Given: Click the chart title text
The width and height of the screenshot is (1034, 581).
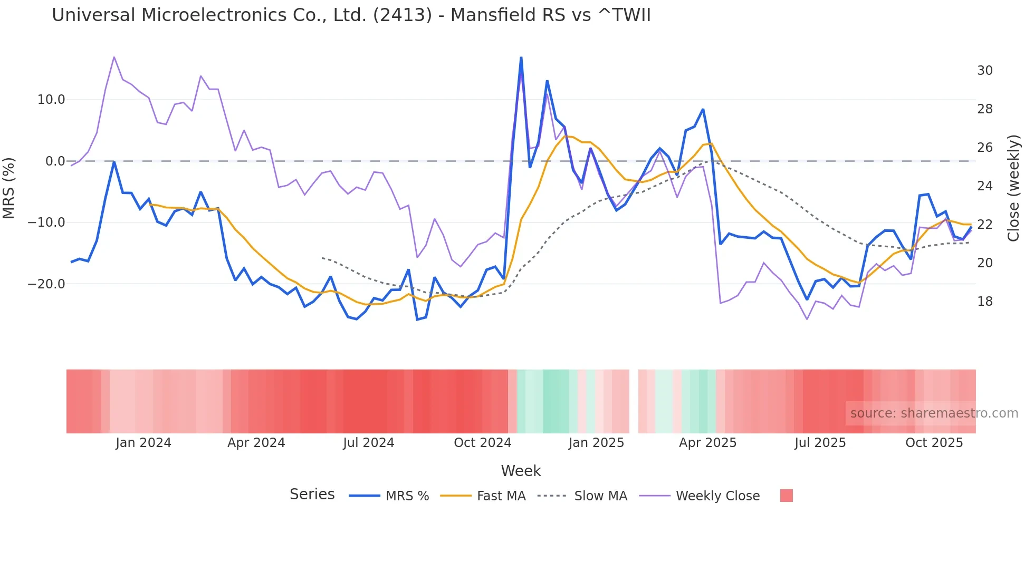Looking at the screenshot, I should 351,15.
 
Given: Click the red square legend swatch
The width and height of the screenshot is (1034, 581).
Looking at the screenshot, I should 786,496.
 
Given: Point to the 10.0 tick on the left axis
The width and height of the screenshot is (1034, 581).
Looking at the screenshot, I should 51,100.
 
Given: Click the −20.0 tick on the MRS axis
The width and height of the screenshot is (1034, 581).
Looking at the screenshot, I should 46,284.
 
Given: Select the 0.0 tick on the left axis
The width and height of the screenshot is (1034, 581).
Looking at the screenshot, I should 55,161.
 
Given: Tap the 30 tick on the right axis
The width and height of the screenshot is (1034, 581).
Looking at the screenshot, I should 984,71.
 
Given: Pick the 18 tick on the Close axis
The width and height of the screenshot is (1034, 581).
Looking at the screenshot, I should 984,302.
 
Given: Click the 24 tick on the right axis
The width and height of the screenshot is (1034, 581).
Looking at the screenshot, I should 984,186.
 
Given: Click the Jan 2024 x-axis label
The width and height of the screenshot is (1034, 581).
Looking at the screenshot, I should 143,443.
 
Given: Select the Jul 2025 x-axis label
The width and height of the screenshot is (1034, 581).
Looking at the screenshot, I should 820,443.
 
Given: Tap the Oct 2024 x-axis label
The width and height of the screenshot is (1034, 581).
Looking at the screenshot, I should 482,443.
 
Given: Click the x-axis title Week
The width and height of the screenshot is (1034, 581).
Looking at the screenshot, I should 521,471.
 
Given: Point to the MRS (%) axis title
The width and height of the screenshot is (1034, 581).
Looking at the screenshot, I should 9,188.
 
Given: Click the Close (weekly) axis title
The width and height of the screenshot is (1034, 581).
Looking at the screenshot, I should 1013,188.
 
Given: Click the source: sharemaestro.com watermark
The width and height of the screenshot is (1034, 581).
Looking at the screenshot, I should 934,413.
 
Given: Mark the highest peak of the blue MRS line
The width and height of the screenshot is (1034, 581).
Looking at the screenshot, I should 521,57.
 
